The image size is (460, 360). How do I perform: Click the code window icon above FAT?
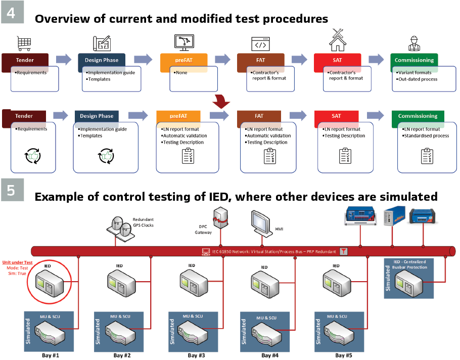(x=260, y=43)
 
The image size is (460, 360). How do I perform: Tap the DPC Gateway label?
(x=203, y=230)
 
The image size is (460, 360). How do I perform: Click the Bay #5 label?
(x=343, y=355)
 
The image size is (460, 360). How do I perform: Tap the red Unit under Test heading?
(x=17, y=262)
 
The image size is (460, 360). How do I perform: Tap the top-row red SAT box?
(x=337, y=60)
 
